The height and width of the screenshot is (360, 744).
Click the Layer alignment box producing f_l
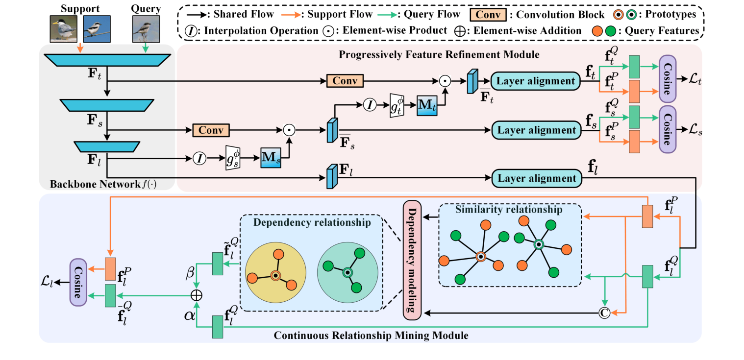point(536,179)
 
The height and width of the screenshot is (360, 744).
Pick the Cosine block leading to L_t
point(668,80)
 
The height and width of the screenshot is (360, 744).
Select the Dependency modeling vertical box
point(411,259)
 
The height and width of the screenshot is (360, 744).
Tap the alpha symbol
point(189,316)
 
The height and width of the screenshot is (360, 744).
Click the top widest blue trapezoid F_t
point(107,59)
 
